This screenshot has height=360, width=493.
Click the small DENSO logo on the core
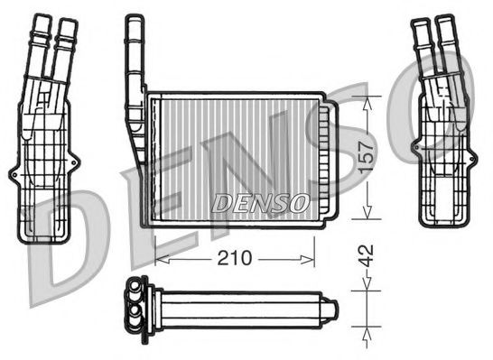click(260, 203)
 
